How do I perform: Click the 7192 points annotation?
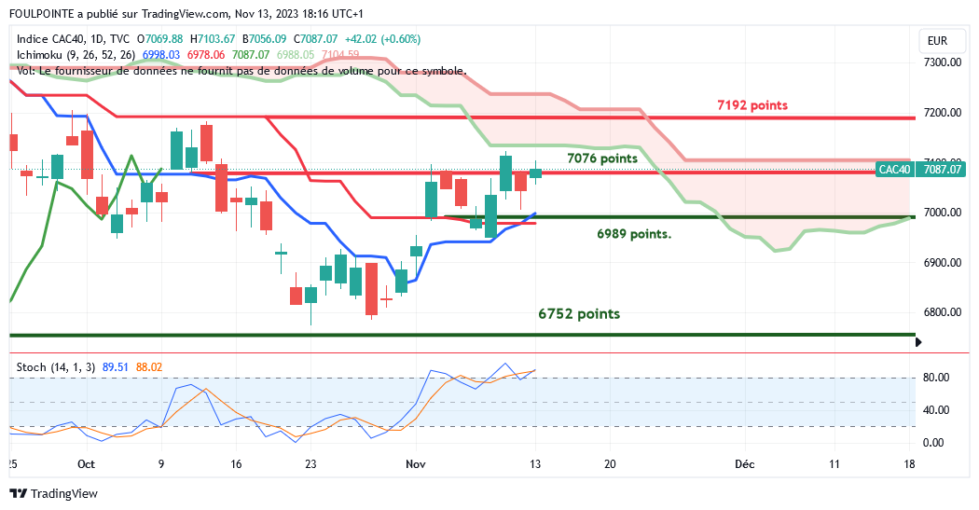coord(751,105)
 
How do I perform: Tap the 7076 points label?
coord(602,159)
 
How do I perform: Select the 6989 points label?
coord(634,233)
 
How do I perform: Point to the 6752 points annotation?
coord(579,314)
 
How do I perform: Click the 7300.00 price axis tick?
coord(942,62)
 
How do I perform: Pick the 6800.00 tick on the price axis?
coord(942,312)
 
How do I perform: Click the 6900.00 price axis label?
coord(942,263)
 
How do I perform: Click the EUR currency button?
coord(937,41)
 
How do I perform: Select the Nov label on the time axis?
coord(415,463)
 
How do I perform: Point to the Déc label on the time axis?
coord(743,463)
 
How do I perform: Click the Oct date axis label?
coord(87,463)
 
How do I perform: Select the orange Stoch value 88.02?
coord(149,367)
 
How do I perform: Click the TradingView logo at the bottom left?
coord(53,494)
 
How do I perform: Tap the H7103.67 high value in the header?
coord(213,39)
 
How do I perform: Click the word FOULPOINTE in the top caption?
coord(40,14)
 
